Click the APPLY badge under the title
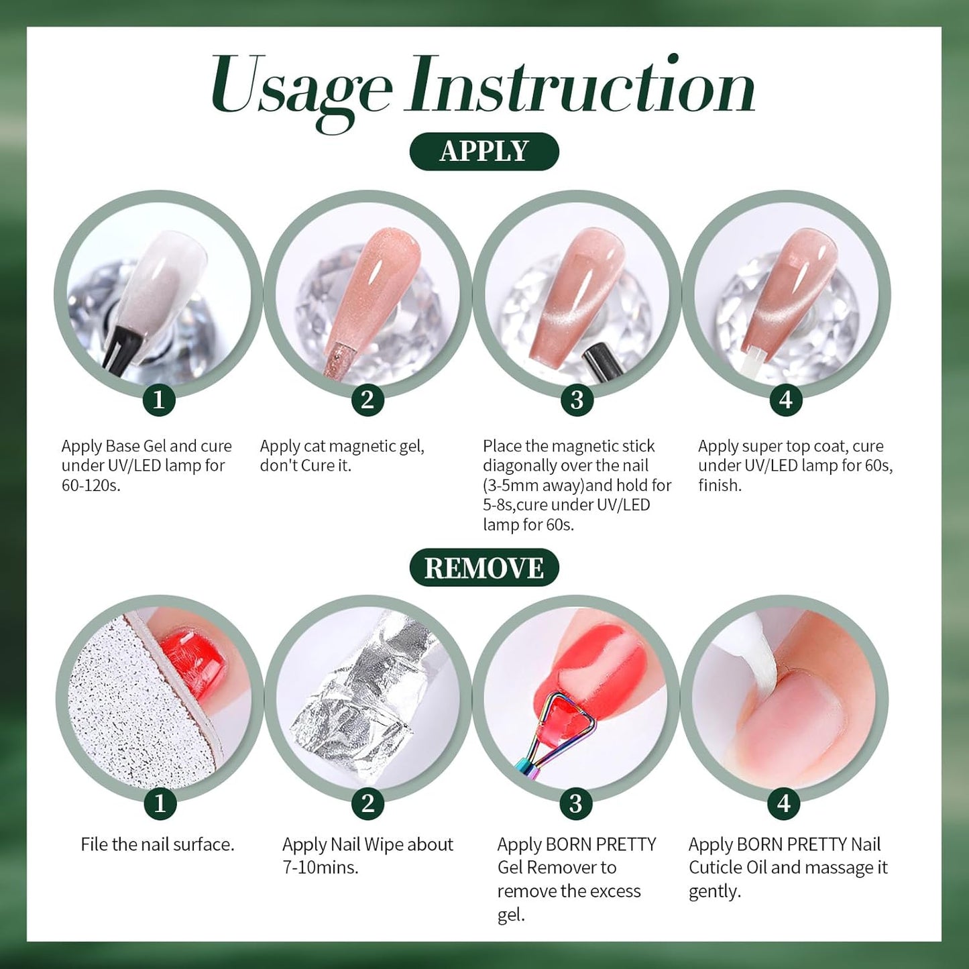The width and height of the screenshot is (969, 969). click(484, 152)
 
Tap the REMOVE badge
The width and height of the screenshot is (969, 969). click(484, 568)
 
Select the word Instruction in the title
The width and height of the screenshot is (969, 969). click(581, 87)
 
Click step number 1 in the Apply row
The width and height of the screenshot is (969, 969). click(159, 400)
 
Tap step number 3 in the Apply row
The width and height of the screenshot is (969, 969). click(577, 400)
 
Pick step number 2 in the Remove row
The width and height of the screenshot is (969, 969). click(367, 803)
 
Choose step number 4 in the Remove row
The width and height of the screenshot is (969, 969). click(784, 803)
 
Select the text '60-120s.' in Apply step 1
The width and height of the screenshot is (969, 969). click(91, 486)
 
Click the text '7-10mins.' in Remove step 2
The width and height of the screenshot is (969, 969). click(321, 867)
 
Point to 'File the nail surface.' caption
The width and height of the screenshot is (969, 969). click(158, 844)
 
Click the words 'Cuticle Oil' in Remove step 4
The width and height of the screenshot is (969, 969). click(728, 868)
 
